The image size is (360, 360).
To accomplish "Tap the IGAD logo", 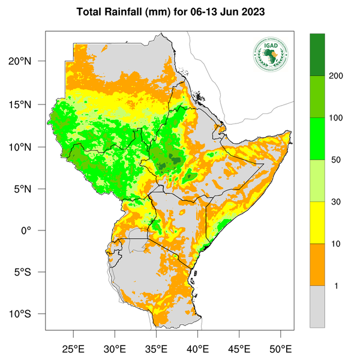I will coord(270,55).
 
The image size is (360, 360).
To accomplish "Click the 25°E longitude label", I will coord(74,349).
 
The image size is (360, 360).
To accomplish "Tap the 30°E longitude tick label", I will coord(115,349).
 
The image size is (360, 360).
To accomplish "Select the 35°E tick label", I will coord(157,349).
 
